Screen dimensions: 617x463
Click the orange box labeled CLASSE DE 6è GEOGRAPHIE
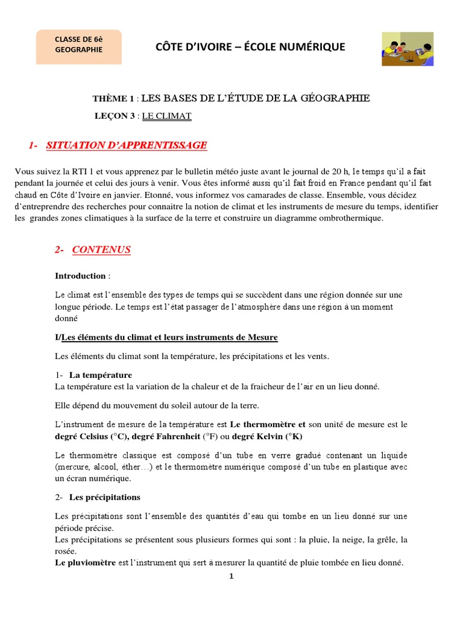tap(79, 46)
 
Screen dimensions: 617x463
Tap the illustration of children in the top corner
tap(408, 49)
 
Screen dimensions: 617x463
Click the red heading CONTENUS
tap(101, 249)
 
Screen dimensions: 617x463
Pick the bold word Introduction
tap(80, 276)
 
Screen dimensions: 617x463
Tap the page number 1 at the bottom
tap(231, 576)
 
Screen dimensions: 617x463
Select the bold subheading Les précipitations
tap(105, 497)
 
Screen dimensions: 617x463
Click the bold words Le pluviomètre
tap(85, 563)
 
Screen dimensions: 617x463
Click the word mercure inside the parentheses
tap(72, 467)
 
